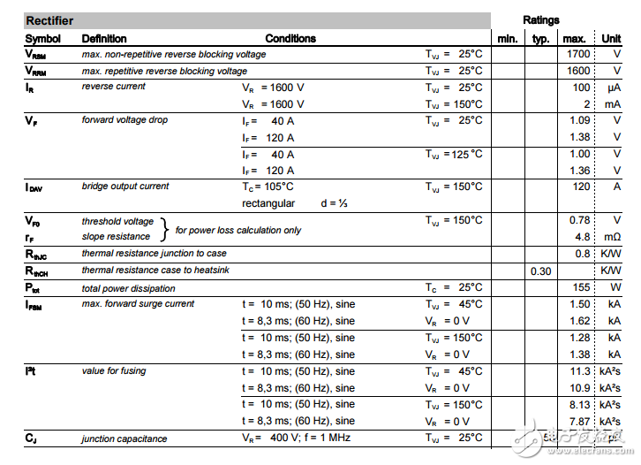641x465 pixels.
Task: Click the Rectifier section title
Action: (x=50, y=20)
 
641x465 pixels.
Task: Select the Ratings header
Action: (x=540, y=20)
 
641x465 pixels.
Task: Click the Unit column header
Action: (x=611, y=38)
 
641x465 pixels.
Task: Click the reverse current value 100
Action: (x=581, y=88)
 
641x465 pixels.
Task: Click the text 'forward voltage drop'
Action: (x=124, y=120)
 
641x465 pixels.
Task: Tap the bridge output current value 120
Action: (x=581, y=187)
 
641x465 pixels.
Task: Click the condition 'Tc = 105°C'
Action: (x=268, y=187)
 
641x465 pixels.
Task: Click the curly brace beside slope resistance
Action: (x=163, y=229)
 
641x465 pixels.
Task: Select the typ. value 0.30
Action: (x=540, y=271)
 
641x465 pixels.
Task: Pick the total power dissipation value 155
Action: (x=581, y=287)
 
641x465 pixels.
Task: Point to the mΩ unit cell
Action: (x=613, y=237)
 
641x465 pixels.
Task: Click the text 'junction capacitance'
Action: (x=124, y=438)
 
